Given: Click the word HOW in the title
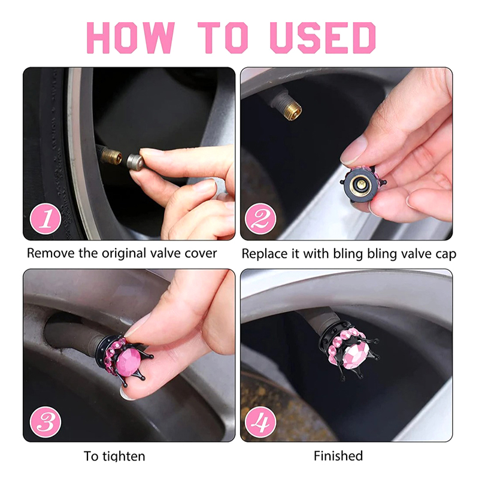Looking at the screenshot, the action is pyautogui.click(x=131, y=38).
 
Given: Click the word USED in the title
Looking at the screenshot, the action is pyautogui.click(x=323, y=38).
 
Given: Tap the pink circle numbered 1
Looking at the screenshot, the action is pyautogui.click(x=46, y=219).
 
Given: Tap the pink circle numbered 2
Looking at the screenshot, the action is pyautogui.click(x=260, y=219).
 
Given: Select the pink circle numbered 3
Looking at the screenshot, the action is pyautogui.click(x=46, y=422).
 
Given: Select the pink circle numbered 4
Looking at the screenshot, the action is pyautogui.click(x=260, y=422).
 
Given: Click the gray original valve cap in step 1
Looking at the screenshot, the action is pyautogui.click(x=135, y=162).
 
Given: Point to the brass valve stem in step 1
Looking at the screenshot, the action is pyautogui.click(x=111, y=156).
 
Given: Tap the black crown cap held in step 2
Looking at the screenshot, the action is pyautogui.click(x=363, y=184).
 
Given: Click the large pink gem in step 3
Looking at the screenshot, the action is pyautogui.click(x=129, y=362).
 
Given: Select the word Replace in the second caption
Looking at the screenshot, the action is pyautogui.click(x=264, y=254).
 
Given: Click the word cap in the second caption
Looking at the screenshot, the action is pyautogui.click(x=445, y=255).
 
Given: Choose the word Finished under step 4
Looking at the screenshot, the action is pyautogui.click(x=338, y=456).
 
